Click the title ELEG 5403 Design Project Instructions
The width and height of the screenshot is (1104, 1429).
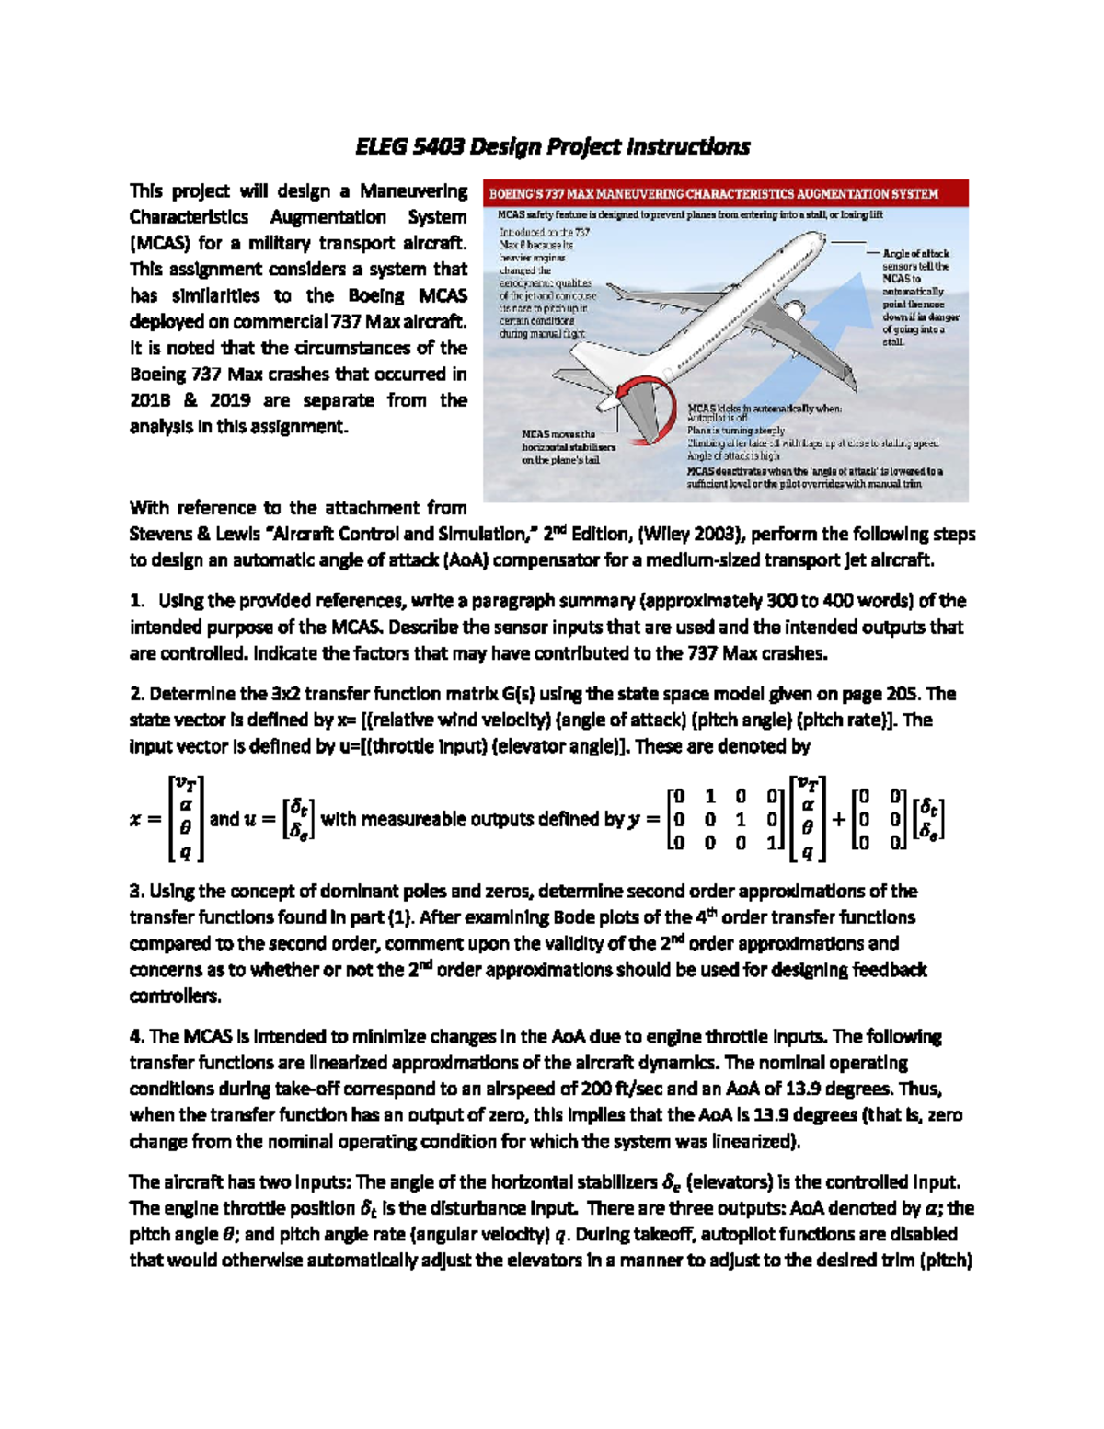552,146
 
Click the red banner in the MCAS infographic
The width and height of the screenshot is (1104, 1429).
725,194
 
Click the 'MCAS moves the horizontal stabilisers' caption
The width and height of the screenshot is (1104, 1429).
568,446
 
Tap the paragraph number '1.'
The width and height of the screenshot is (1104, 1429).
136,601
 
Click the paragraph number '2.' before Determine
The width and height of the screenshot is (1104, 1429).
136,694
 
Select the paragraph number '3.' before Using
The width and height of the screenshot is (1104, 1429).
136,891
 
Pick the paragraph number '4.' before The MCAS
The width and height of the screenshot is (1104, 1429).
136,1036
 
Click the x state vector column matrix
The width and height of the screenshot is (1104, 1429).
185,818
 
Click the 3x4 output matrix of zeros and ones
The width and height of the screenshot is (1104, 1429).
724,818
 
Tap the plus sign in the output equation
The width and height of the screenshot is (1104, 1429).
839,818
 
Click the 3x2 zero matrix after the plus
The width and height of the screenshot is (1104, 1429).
879,818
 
